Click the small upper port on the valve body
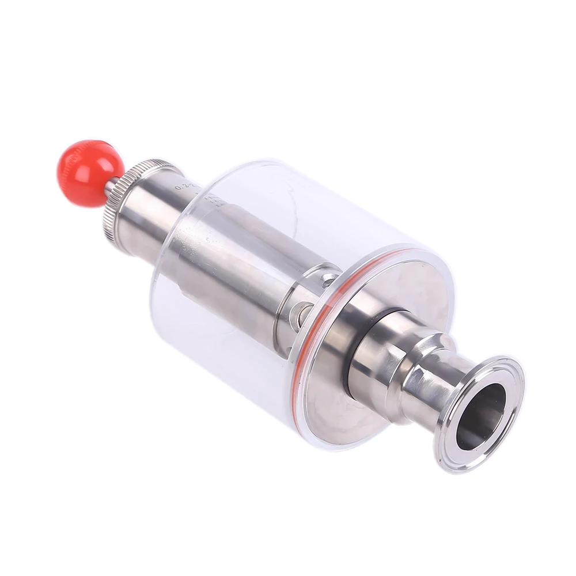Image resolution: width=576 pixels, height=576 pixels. coord(329,280)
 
